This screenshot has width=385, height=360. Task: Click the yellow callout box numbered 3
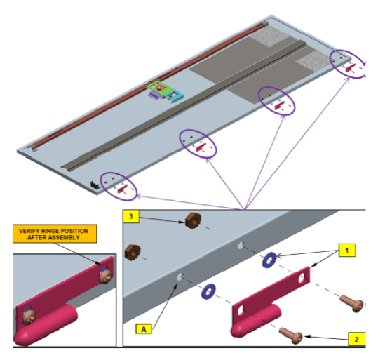coord(131,216)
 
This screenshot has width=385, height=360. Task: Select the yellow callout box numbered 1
coord(347,250)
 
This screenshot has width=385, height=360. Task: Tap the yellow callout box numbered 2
coord(357,339)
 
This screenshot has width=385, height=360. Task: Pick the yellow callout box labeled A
coord(144,329)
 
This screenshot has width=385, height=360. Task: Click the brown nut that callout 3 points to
coord(194,220)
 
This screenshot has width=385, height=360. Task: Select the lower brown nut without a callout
coord(133,253)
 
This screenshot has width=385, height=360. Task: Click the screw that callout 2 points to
coord(291,335)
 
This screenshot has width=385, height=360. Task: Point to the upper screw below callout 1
coord(351,303)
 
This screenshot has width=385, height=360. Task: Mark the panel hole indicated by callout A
coord(180,277)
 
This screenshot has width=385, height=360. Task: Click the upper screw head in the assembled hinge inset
coord(106,276)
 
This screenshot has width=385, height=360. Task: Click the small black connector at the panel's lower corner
coord(95,185)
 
